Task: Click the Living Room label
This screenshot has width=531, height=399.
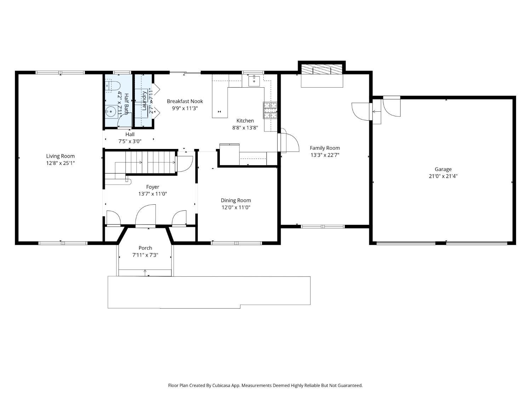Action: click(x=60, y=156)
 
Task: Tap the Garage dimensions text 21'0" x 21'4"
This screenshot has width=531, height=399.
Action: click(x=443, y=176)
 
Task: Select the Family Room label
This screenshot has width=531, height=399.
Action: click(x=325, y=148)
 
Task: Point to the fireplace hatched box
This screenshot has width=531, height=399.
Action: click(x=322, y=69)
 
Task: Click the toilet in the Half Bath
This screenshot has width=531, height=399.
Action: click(x=113, y=86)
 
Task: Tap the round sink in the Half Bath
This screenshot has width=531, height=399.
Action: click(x=111, y=112)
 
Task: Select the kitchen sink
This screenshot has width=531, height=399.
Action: click(x=254, y=81)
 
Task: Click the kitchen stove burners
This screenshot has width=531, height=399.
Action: click(x=270, y=110)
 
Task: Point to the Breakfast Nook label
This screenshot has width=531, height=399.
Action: click(x=185, y=101)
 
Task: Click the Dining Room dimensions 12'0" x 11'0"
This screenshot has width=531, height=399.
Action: click(x=236, y=207)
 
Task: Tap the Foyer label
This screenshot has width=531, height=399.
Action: click(x=153, y=187)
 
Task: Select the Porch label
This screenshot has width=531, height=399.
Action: click(x=145, y=248)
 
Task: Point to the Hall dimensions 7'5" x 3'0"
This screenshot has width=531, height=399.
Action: click(x=130, y=141)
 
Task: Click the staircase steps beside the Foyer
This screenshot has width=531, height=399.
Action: click(x=150, y=162)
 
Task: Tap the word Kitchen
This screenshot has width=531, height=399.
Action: click(x=245, y=121)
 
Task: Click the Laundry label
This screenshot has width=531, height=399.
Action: click(x=144, y=100)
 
